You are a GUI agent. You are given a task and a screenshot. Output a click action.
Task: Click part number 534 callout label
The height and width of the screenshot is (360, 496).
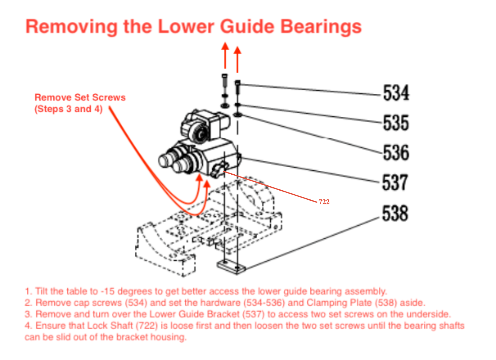396,93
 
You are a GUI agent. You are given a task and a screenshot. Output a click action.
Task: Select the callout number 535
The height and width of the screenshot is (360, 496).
396,123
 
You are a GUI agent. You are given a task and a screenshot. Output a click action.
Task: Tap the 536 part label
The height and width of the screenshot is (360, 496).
396,153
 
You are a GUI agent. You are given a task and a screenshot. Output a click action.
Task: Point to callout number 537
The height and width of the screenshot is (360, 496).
395,183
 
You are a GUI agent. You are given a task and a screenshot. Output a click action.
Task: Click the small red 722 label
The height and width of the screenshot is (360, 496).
324,202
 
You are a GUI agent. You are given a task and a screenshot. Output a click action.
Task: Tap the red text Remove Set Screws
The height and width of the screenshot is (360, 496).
80,97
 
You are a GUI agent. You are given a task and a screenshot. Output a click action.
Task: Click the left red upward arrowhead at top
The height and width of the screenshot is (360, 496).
225,47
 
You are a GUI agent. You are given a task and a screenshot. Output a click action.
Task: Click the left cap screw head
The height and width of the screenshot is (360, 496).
225,76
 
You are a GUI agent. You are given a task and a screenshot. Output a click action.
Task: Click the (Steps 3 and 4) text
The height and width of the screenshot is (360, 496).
69,109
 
